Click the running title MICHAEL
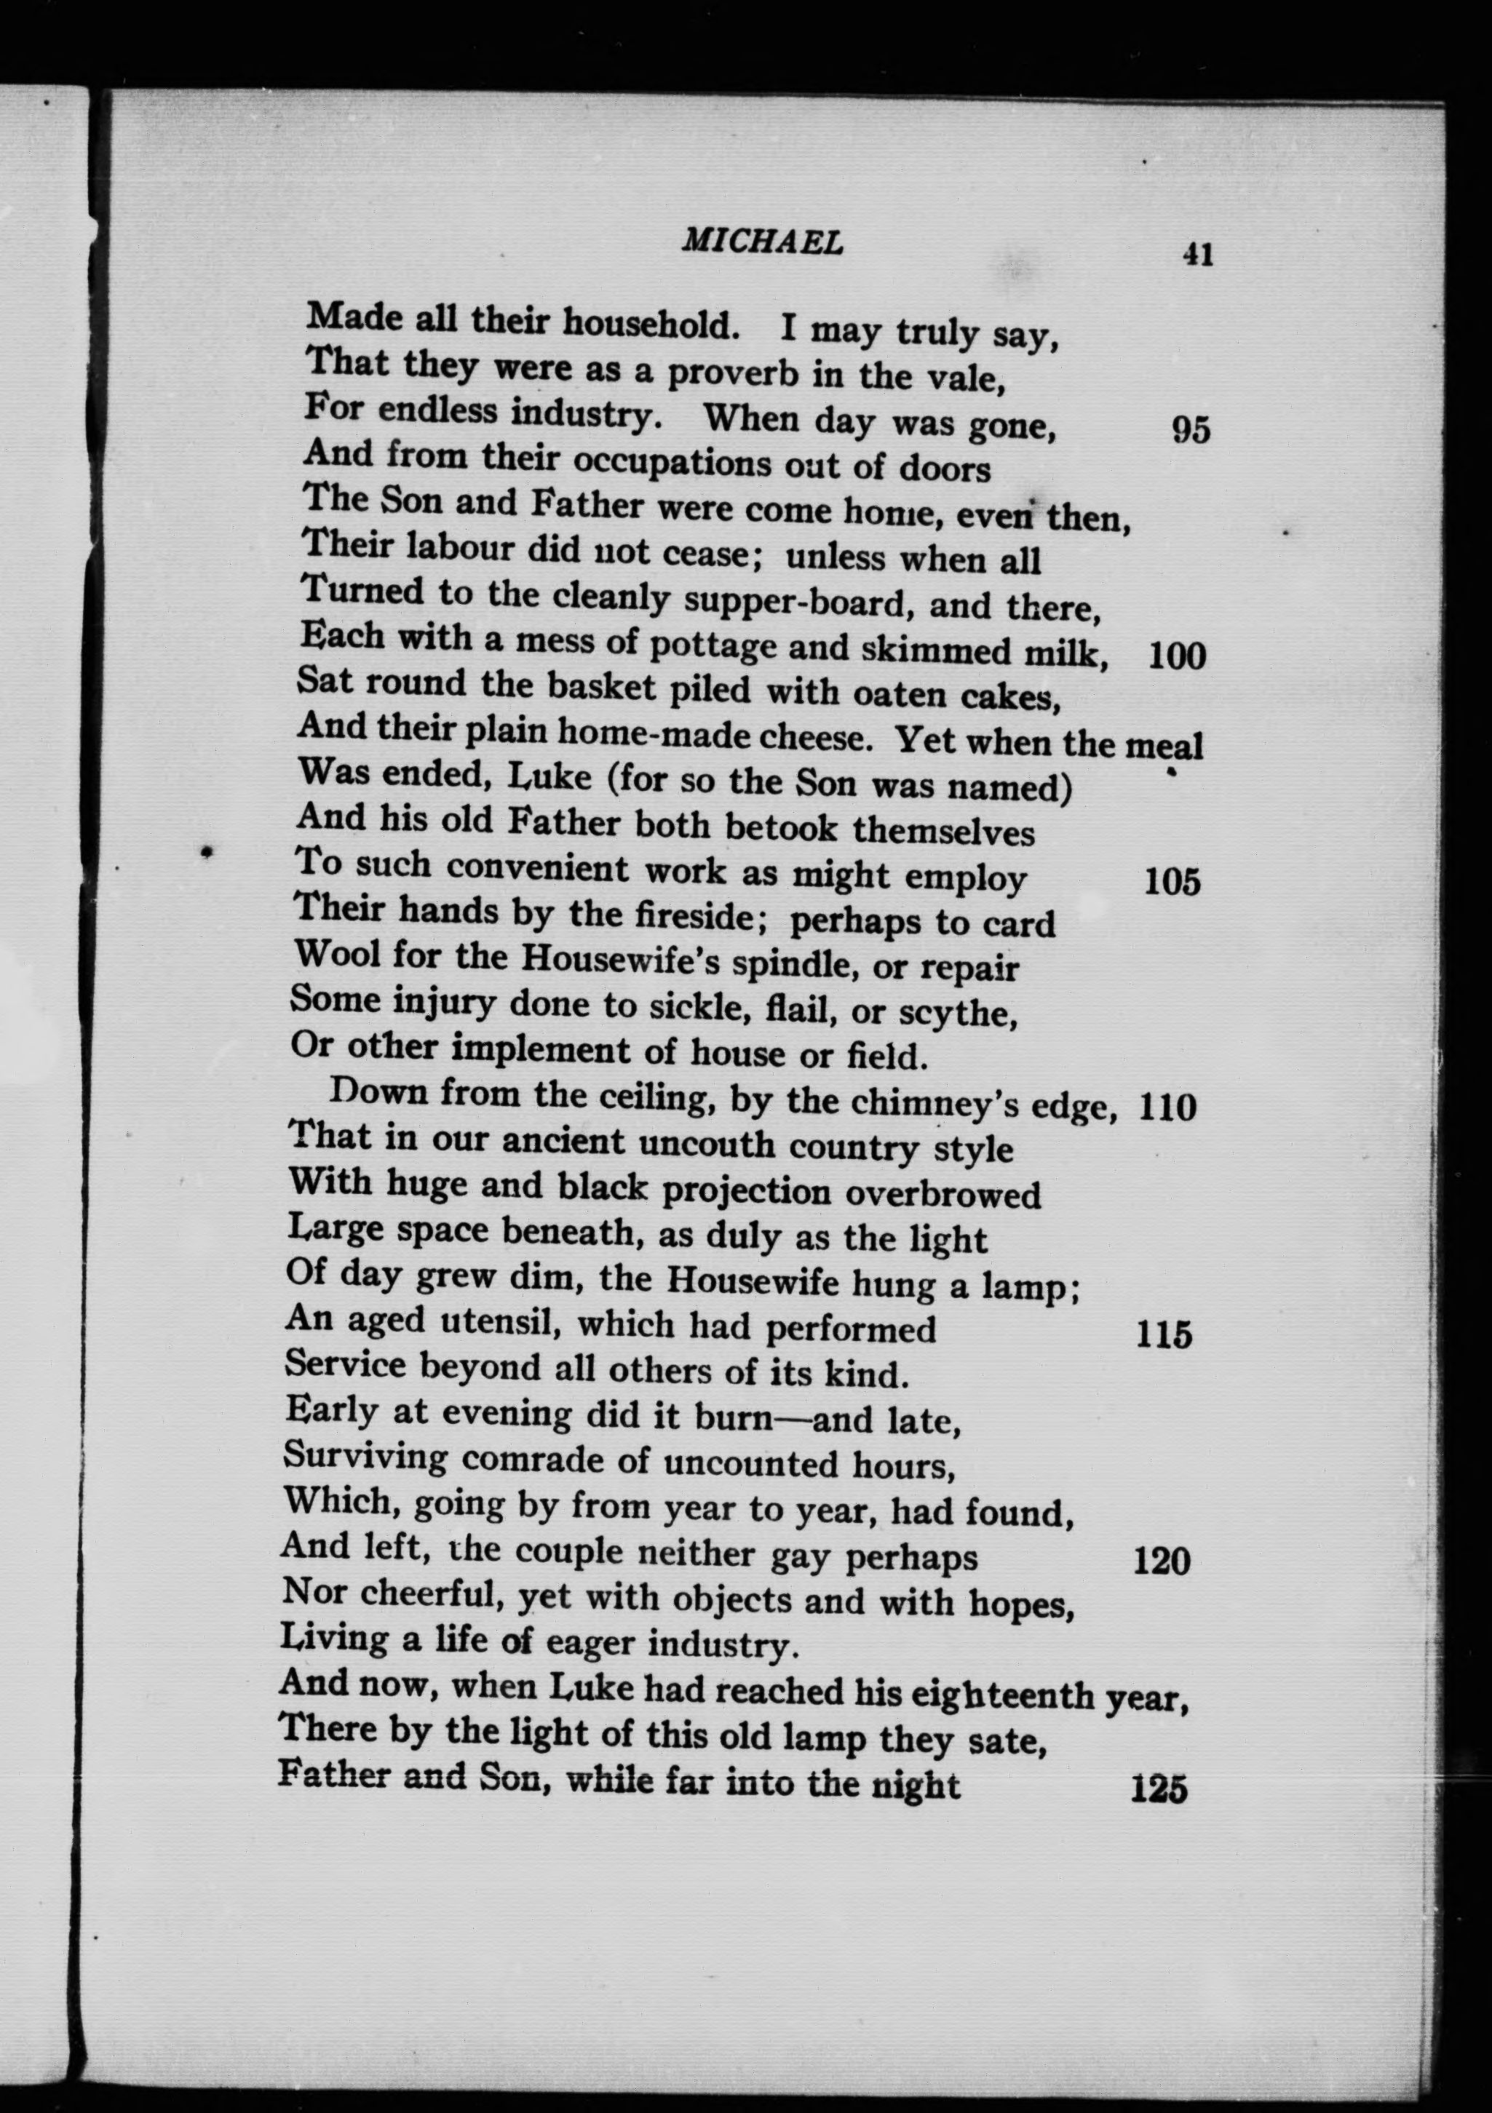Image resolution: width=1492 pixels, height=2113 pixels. coord(761,242)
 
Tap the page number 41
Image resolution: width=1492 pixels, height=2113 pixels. coord(1197,253)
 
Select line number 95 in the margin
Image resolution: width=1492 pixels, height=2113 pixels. coord(1190,430)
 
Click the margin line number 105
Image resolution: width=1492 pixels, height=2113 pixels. coord(1172,883)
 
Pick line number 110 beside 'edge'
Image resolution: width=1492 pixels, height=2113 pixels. coord(1167,1107)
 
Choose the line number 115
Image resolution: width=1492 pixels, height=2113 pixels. coord(1164,1334)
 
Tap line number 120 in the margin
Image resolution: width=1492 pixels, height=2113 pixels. coord(1162,1561)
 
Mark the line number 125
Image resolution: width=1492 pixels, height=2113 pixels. coord(1159,1790)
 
